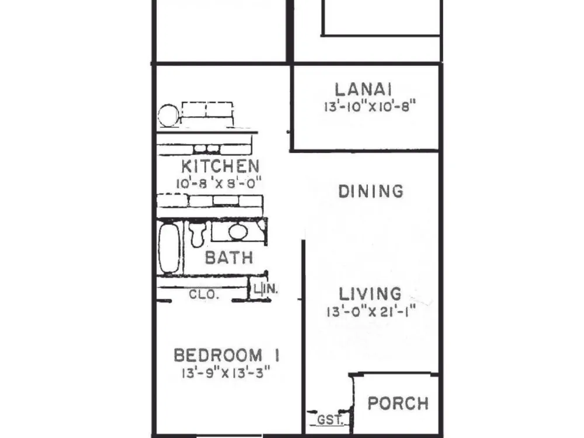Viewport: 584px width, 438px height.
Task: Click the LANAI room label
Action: coord(363,90)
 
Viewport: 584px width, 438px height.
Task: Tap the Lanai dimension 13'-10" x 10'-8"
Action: coord(370,106)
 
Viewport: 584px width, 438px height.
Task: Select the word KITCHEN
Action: coord(221,166)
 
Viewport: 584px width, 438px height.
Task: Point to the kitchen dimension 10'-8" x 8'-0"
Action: coord(218,183)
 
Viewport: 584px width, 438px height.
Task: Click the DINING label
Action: coord(371,192)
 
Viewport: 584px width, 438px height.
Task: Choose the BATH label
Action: coord(229,258)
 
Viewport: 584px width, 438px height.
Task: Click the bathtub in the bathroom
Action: coord(169,247)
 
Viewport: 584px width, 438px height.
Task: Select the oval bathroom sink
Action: coord(238,232)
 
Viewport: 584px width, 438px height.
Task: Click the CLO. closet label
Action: coord(203,294)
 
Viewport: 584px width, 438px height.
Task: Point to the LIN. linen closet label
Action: coord(266,288)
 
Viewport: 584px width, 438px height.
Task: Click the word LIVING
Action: coord(370,294)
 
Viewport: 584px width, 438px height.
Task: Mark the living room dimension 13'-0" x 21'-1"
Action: coord(371,311)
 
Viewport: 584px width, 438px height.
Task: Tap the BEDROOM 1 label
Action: coord(227,355)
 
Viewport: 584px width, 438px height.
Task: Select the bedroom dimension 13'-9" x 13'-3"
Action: coord(225,373)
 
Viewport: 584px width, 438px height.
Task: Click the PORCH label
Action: coord(398,404)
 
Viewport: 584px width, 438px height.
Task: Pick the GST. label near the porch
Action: coord(330,420)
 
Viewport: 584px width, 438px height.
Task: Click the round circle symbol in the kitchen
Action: coord(168,115)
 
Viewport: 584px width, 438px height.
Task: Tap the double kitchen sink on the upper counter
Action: coord(207,111)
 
